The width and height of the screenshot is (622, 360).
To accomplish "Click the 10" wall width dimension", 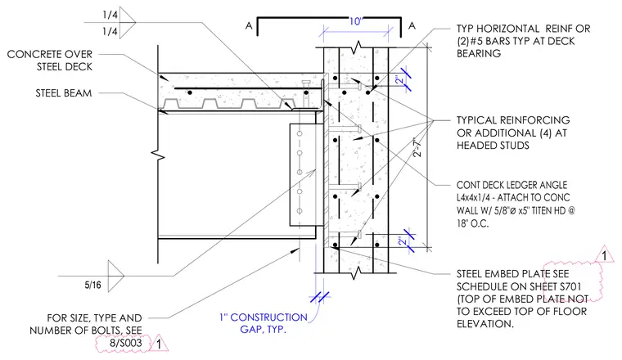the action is coord(356,21).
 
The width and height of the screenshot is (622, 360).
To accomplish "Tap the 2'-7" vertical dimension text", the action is coord(417,148).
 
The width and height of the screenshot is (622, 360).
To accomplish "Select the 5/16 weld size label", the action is coord(92,285).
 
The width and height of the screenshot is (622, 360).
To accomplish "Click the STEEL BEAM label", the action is coord(64,93).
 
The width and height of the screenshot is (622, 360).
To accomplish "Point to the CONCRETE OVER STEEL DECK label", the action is coord(50,61).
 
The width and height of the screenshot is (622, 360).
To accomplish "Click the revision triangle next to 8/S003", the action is coord(159,344).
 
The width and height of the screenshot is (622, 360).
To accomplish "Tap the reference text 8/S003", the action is coord(126,343).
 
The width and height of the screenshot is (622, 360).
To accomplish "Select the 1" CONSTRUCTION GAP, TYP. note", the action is coord(264,323).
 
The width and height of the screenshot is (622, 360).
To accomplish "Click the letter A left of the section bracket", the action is coord(249,25).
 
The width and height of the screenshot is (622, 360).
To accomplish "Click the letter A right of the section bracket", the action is coord(412,25).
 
